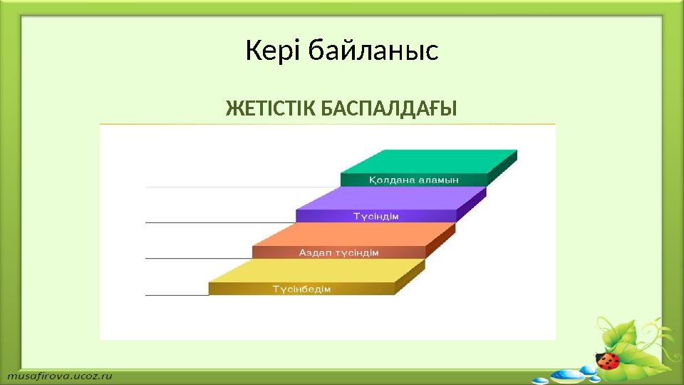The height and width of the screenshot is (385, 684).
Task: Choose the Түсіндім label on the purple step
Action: (x=376, y=216)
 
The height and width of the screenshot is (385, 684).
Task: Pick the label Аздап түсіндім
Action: (x=338, y=252)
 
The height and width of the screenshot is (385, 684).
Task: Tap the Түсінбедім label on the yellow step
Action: (x=301, y=289)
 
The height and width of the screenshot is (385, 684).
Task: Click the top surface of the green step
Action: (x=435, y=160)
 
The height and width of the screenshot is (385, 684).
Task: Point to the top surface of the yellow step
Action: (x=317, y=270)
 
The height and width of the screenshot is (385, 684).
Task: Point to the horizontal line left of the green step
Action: (x=242, y=187)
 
